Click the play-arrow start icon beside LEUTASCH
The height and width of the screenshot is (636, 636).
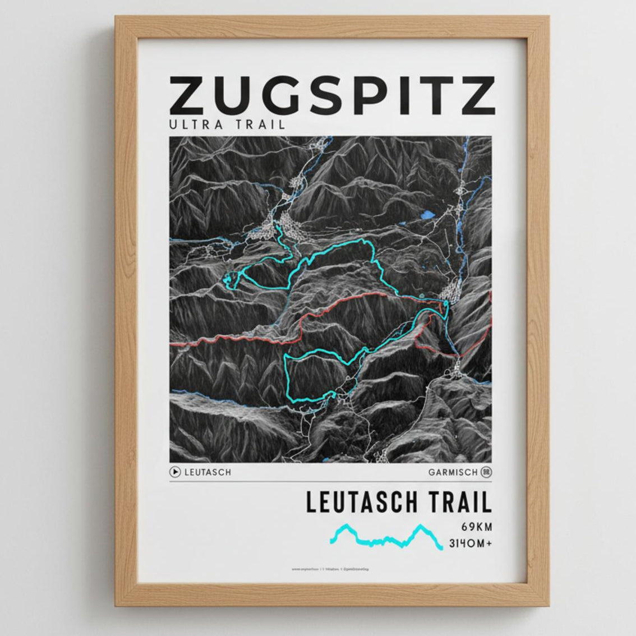pos(175,472)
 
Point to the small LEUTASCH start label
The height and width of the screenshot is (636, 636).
pos(208,472)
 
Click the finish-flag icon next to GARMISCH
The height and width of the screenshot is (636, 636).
pos(486,472)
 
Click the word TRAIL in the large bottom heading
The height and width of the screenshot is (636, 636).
pos(460,502)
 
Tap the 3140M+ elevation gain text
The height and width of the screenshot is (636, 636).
pos(470,543)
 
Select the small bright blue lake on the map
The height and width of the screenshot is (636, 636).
pos(428,215)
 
